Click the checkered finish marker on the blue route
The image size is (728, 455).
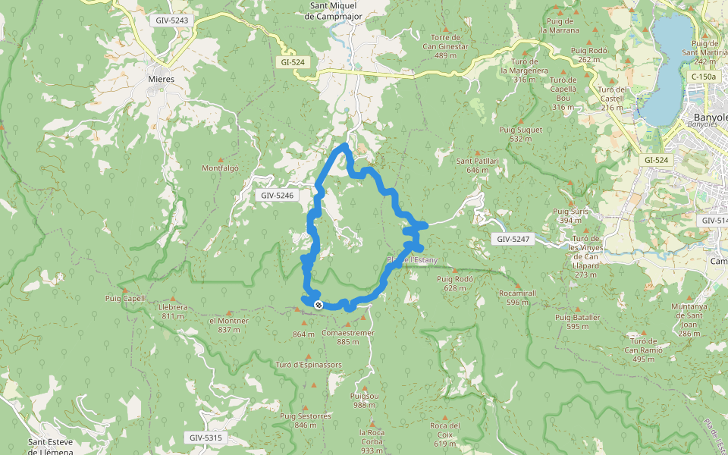[x=318, y=304]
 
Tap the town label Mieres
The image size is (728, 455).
[x=162, y=79]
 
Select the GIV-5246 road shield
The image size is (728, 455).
[x=277, y=196]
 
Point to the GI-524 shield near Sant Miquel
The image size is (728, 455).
[x=293, y=62]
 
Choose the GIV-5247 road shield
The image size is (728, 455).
[x=514, y=239]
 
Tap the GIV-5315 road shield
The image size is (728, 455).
[x=206, y=438]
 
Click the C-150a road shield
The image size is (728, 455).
[x=704, y=77]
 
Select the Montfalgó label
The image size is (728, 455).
[x=221, y=168]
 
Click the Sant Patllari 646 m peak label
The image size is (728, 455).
[x=477, y=165]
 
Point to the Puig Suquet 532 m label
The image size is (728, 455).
[x=520, y=134]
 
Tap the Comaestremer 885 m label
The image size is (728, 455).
[x=348, y=337]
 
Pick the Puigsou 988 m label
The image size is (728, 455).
[x=365, y=400]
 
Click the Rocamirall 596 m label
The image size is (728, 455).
[x=518, y=297]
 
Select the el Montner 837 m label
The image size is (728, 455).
[x=229, y=325]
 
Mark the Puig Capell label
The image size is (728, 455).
[x=125, y=299]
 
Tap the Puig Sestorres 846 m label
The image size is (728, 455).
[x=306, y=420]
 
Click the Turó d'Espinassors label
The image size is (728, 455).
[x=309, y=365]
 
